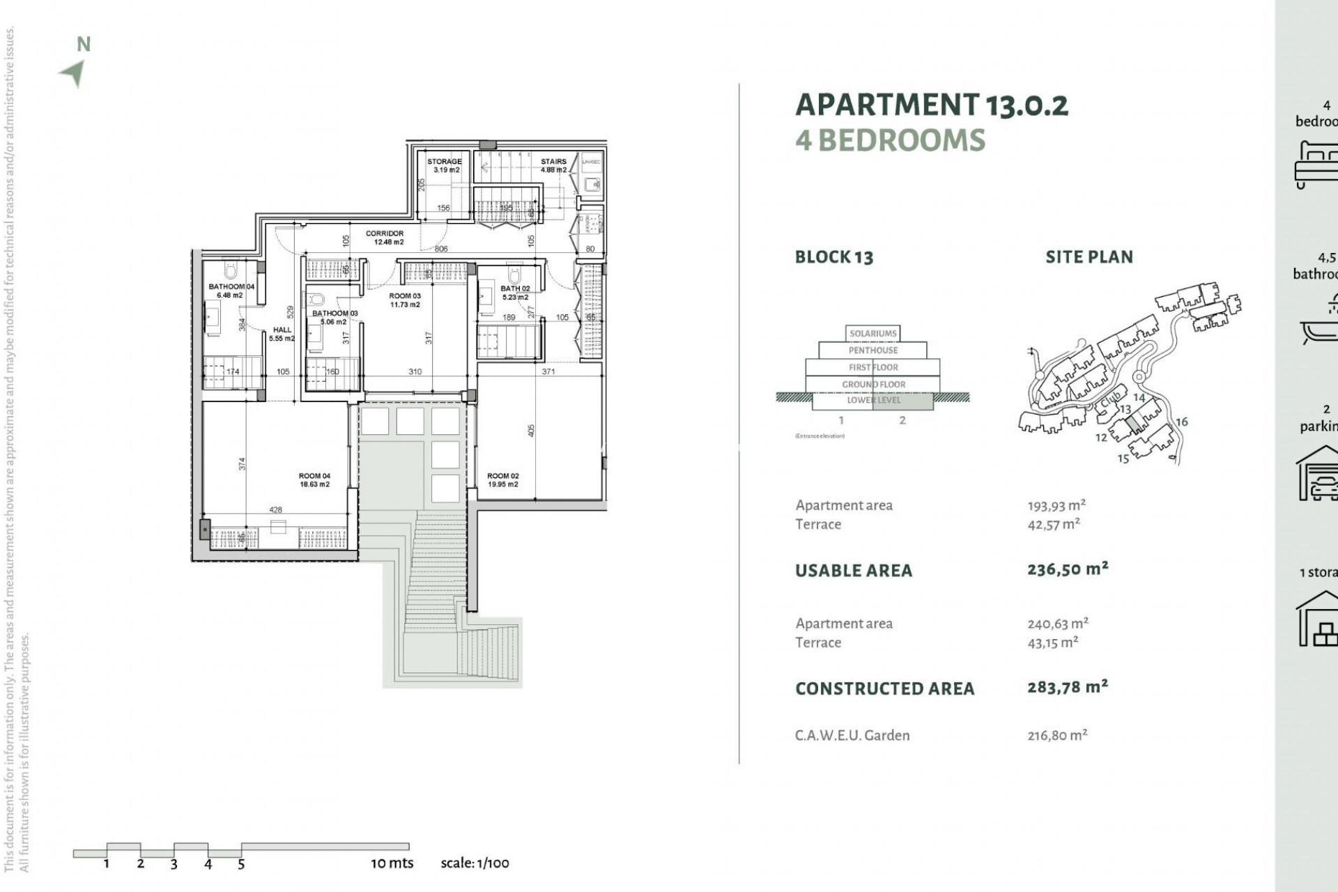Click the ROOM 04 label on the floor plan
tap(314, 480)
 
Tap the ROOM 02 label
tap(502, 480)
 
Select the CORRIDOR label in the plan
tap(385, 238)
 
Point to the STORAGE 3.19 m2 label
tap(445, 165)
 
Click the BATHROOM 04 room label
tap(231, 291)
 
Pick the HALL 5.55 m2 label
tap(282, 334)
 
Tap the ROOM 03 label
tap(405, 300)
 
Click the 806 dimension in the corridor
tap(441, 249)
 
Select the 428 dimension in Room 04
tap(276, 510)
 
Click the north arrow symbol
tap(74, 72)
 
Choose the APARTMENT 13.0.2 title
tap(932, 105)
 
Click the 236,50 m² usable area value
tap(1068, 569)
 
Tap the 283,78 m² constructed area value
tap(1068, 688)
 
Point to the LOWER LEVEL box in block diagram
tap(873, 401)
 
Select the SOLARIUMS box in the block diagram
tap(873, 333)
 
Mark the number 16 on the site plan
tap(1181, 422)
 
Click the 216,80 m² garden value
tap(1057, 735)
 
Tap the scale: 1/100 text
tap(475, 863)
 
